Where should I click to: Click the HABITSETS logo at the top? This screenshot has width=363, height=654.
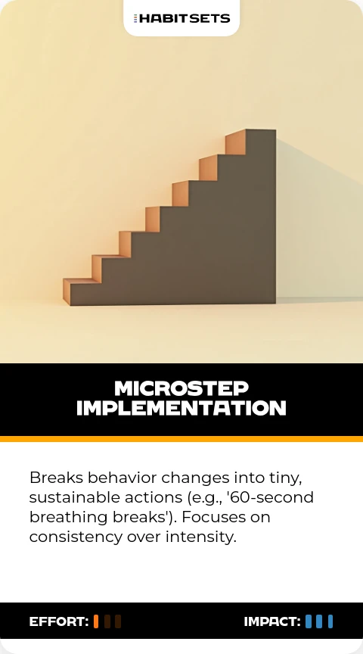181,18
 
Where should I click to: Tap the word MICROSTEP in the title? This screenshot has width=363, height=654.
181,388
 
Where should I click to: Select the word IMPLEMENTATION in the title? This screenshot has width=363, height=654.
181,408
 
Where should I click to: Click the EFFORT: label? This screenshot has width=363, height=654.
59,621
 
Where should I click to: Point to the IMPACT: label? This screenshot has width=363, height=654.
272,621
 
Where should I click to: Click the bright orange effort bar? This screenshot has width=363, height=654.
96,621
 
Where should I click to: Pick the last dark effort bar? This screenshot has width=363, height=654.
118,621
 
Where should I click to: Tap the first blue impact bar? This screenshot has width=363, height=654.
309,621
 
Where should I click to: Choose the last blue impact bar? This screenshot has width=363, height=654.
330,621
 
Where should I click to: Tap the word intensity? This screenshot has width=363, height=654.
201,537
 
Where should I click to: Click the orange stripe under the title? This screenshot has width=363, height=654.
181,439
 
